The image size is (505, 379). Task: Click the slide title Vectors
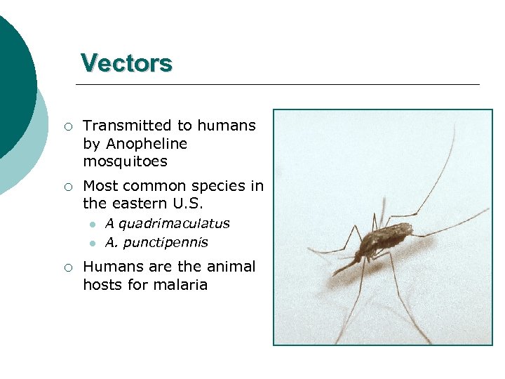(x=126, y=63)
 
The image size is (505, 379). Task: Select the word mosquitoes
(x=125, y=162)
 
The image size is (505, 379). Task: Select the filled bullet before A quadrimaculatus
(x=91, y=225)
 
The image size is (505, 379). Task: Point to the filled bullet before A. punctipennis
(x=91, y=244)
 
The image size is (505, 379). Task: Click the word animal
(x=232, y=267)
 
